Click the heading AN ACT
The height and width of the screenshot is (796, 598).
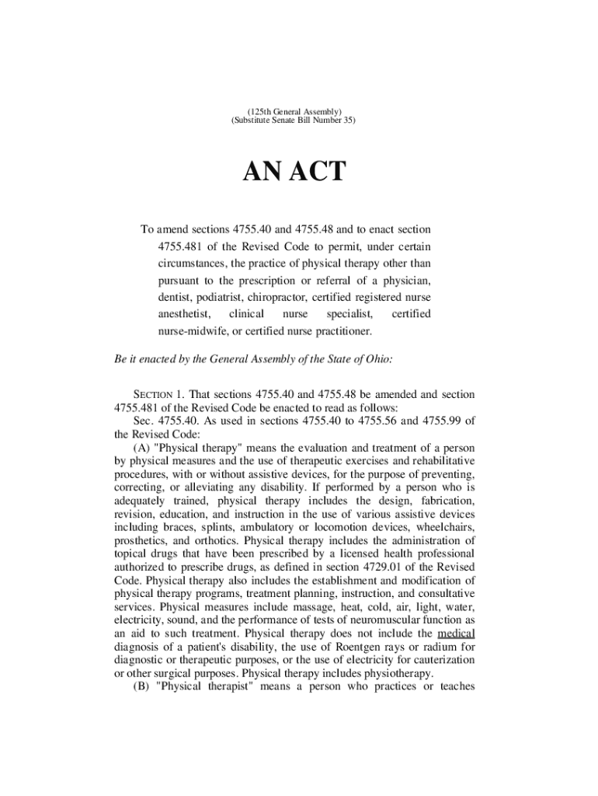point(294,172)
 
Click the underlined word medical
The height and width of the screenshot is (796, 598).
point(456,634)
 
